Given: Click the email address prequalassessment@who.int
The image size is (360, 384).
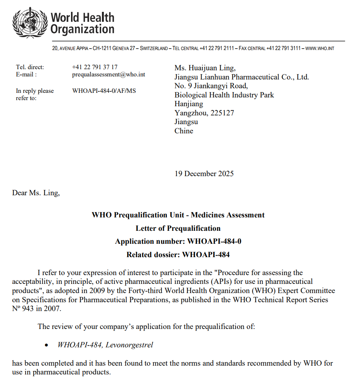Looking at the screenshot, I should pos(108,75).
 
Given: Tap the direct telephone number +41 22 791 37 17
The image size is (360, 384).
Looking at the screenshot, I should pos(95,67).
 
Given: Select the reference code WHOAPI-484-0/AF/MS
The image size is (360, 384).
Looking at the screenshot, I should pos(104,91).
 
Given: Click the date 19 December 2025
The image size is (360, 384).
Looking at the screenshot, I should pos(204,174).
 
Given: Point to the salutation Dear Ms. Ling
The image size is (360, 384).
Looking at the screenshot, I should pos(36,193).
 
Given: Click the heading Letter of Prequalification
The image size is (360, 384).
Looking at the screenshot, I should pos(178,228).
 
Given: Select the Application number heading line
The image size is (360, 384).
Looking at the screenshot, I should pos(178,241).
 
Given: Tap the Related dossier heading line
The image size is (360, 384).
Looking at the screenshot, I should pos(178,254).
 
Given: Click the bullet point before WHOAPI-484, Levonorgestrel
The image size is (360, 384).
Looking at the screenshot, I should pos(47,345).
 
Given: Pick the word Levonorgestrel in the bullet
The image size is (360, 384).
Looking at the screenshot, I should pos(129,345).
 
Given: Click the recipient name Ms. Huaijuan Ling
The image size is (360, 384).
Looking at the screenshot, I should pos(205,68).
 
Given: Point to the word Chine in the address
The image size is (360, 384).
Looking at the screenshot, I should pos(184,131).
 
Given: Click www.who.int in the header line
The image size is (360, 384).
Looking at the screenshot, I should pos(320,49).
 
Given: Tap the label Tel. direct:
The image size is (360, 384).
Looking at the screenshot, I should pos(30,67).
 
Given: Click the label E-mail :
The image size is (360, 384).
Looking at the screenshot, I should pos(26,75).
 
